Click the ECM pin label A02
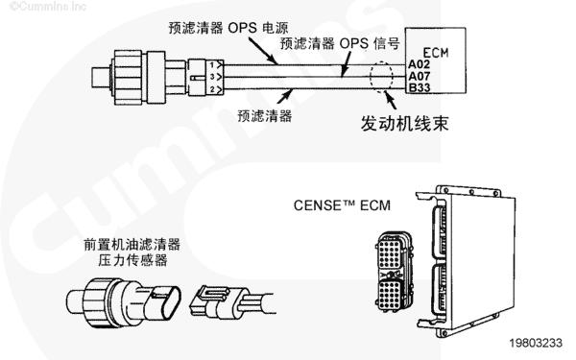coord(419,64)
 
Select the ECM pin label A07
coord(419,77)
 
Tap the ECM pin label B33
coord(419,87)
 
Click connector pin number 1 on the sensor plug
coord(212,65)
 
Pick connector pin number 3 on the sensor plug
coord(212,77)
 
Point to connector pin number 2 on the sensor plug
coord(212,89)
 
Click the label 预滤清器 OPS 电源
coord(228,28)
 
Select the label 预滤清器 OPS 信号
coord(340,43)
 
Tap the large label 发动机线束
coord(404,124)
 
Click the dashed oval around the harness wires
coord(371,76)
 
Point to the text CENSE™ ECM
coord(342,205)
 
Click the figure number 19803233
coord(536,343)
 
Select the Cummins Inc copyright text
coord(47,7)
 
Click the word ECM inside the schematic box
coord(436,53)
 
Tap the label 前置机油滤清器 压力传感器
coord(132,252)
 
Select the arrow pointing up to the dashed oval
coord(390,100)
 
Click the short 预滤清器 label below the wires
coord(265,116)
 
